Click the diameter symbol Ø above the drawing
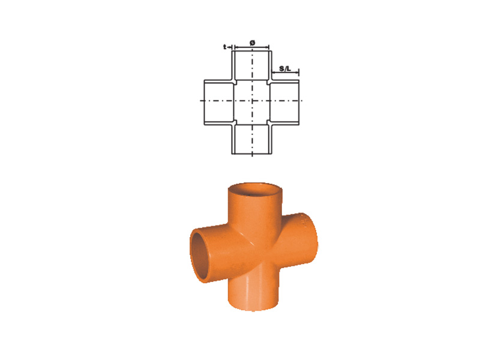pyautogui.click(x=252, y=43)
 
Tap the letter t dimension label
pyautogui.click(x=224, y=47)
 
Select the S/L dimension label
pyautogui.click(x=285, y=68)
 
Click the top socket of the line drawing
pyautogui.click(x=251, y=65)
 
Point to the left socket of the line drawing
pyautogui.click(x=219, y=102)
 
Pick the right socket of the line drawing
pyautogui.click(x=284, y=102)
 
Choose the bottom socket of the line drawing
pyautogui.click(x=251, y=139)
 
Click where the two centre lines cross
pyautogui.click(x=252, y=100)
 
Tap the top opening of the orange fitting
pyautogui.click(x=255, y=190)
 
